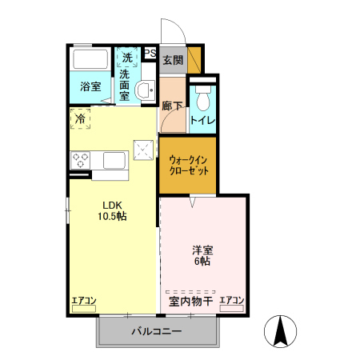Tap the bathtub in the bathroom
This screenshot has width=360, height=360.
pyautogui.click(x=90, y=60)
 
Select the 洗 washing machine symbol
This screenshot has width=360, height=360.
pyautogui.click(x=127, y=58)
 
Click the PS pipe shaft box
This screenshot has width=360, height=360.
pyautogui.click(x=150, y=54)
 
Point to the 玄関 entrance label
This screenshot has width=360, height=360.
pyautogui.click(x=172, y=60)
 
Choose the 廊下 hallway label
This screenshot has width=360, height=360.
pyautogui.click(x=171, y=105)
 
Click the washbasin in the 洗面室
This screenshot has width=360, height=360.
pyautogui.click(x=146, y=90)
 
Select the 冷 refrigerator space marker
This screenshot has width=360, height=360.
pyautogui.click(x=80, y=119)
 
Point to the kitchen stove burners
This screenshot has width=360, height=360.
pyautogui.click(x=81, y=161)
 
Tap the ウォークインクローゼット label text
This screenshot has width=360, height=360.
pyautogui.click(x=189, y=165)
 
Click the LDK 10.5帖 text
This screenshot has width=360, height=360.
pyautogui.click(x=113, y=210)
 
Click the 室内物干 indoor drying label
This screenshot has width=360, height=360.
pyautogui.click(x=190, y=302)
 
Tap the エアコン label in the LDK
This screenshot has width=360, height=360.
pyautogui.click(x=84, y=301)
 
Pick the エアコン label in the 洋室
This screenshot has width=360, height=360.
pyautogui.click(x=232, y=301)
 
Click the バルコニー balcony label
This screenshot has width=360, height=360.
pyautogui.click(x=157, y=331)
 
